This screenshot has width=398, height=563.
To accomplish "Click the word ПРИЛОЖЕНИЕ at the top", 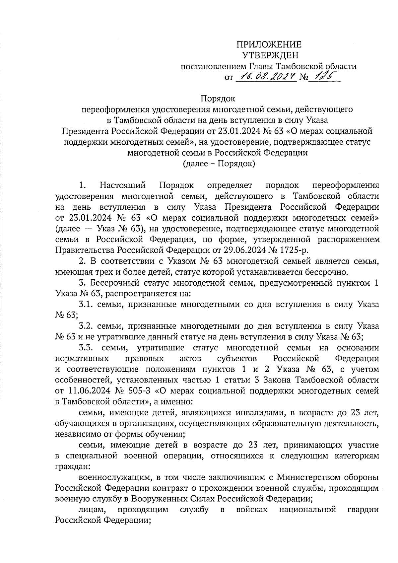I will pyautogui.click(x=269, y=45).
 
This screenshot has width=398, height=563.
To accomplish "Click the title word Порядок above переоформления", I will pyautogui.click(x=218, y=99).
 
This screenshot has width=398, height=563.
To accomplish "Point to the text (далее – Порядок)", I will pyautogui.click(x=219, y=164).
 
